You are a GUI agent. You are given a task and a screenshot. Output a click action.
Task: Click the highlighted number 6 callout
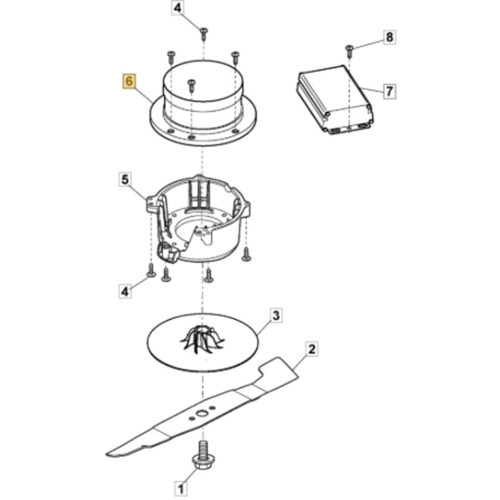click(x=129, y=81)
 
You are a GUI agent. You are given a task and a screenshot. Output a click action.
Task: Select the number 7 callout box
click(x=389, y=92)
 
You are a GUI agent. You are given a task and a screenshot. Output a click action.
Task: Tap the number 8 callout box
click(x=389, y=37)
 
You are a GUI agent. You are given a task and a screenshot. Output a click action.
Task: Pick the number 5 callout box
click(x=124, y=179)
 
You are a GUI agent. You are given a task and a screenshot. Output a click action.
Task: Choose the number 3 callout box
click(x=276, y=316)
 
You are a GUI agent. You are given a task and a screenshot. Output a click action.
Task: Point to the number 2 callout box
click(x=311, y=349)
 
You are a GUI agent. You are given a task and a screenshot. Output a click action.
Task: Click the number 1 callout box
click(x=181, y=489)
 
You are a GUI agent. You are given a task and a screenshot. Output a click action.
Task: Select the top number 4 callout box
click(x=177, y=8)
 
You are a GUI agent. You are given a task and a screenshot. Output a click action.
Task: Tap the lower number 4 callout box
click(x=125, y=291)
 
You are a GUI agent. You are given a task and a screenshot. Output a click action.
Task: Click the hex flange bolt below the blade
click(x=202, y=457)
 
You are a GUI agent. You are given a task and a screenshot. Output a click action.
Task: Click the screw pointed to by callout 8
click(x=350, y=51)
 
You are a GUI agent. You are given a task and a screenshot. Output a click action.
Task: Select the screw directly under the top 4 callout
click(x=204, y=34)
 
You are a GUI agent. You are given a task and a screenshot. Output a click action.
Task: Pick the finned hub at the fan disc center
click(x=202, y=339)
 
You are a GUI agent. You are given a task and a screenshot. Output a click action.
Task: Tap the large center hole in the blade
click(x=201, y=414)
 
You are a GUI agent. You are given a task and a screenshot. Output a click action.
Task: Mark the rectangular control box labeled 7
click(x=336, y=99)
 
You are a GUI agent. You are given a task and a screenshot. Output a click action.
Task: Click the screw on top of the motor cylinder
click(x=191, y=85)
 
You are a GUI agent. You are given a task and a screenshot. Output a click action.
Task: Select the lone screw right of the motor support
click(x=246, y=254)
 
